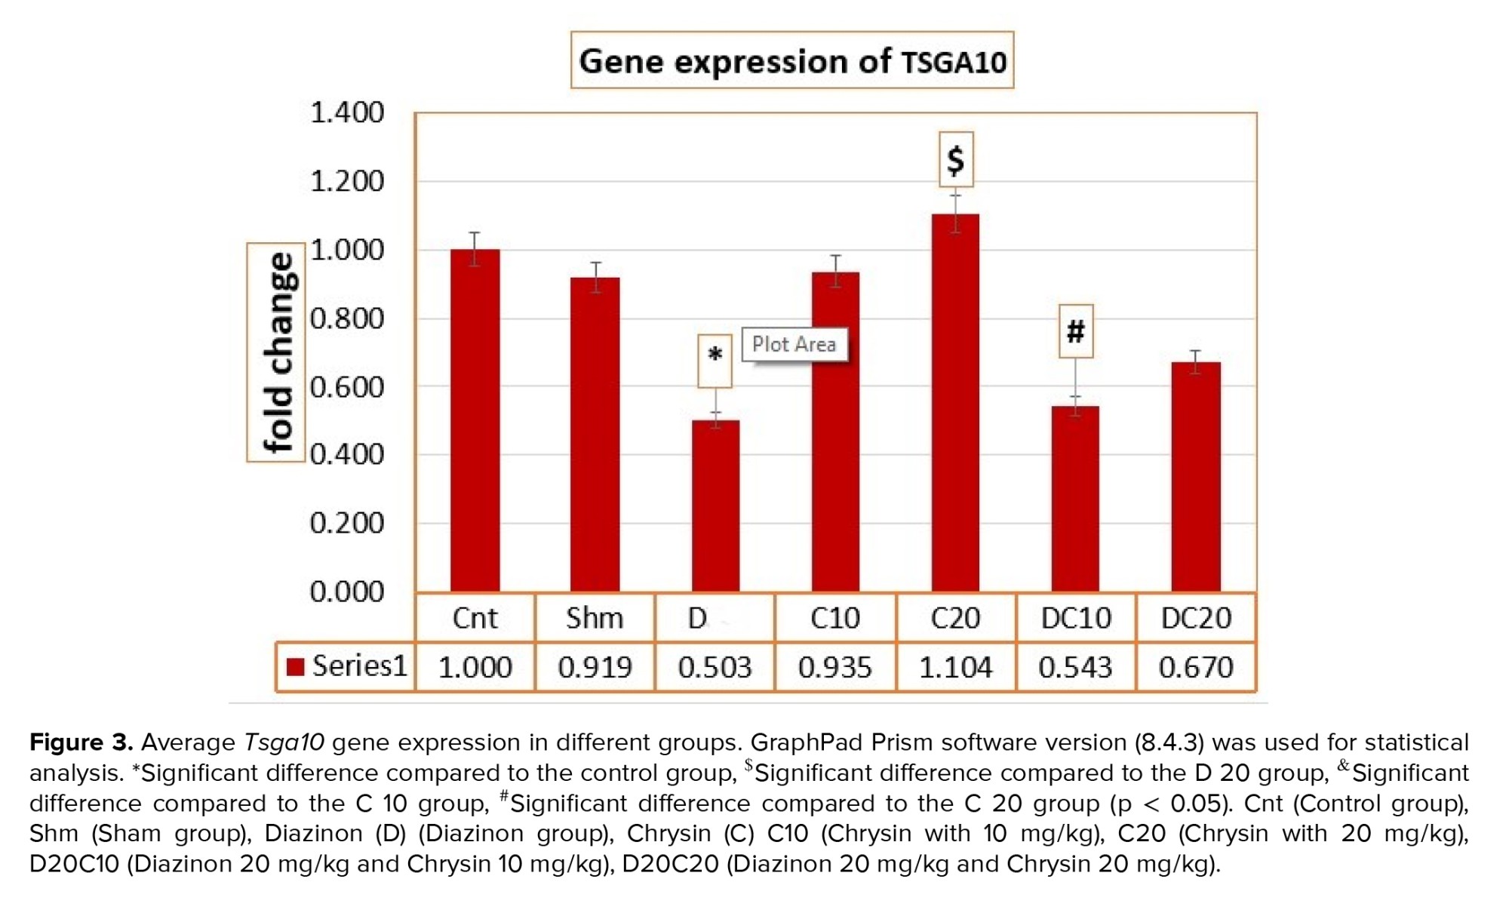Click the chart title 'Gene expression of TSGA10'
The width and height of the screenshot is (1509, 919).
791,60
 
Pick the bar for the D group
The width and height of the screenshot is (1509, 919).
715,506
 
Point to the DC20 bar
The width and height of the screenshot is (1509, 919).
1196,476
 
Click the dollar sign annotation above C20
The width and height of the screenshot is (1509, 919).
956,160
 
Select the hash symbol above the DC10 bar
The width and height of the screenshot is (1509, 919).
1075,331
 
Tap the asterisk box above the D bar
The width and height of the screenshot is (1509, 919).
715,361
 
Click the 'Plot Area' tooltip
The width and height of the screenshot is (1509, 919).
794,344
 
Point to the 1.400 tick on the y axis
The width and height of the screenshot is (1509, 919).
347,113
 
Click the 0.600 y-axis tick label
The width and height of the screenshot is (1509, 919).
347,387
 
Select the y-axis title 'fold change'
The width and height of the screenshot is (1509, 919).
276,352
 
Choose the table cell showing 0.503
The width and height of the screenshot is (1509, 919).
715,667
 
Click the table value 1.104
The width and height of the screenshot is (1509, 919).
955,667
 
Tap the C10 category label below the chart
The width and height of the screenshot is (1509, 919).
834,619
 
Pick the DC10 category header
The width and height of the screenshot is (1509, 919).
1076,619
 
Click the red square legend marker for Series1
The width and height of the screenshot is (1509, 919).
296,666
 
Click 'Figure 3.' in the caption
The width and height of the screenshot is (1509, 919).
81,742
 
